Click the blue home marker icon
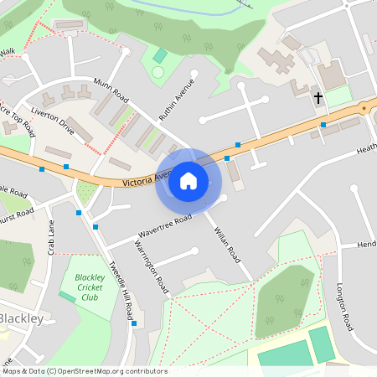[188, 180]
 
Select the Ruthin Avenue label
[178, 98]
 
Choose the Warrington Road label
[152, 266]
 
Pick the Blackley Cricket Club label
[89, 287]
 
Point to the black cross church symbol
[318, 98]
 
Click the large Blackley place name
[25, 319]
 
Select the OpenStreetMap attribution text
[84, 371]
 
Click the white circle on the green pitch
[158, 73]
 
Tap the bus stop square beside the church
[323, 125]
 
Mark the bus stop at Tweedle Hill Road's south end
[134, 323]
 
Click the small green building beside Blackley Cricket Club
[66, 297]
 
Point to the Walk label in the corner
[8, 52]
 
